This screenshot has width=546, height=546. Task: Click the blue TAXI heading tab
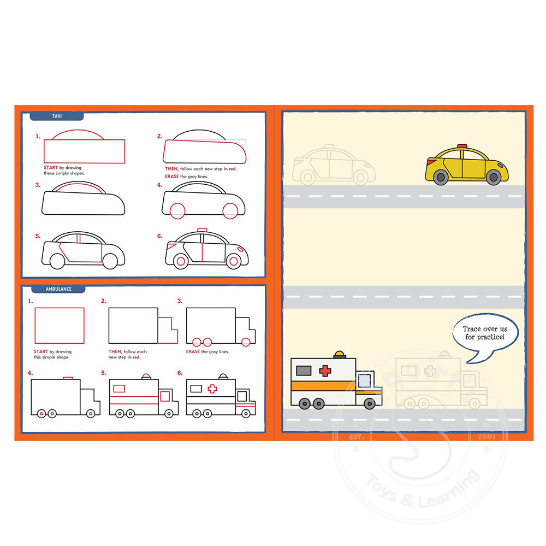[x=57, y=116]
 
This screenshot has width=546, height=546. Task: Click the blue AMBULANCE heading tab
[x=58, y=289]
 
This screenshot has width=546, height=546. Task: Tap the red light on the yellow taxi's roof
[x=462, y=146]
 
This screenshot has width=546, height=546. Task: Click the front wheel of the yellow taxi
[x=494, y=177]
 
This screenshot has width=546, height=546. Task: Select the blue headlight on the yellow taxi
[x=501, y=165]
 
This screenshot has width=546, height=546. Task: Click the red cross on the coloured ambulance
[x=325, y=371]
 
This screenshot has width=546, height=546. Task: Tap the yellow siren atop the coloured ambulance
[x=340, y=355]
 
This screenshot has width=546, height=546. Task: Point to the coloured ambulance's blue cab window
[x=364, y=380]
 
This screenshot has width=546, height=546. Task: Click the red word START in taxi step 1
[x=50, y=168]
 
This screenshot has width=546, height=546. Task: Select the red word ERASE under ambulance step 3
[x=193, y=351]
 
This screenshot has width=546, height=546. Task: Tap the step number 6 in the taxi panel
[x=159, y=237]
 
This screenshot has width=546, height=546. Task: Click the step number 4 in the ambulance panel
[x=30, y=373]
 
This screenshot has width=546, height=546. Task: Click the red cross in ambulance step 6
[x=212, y=389]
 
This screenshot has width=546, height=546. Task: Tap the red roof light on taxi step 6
[x=202, y=230]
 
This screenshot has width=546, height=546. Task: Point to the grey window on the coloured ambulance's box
[x=304, y=371]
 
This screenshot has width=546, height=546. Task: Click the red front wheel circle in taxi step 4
[x=230, y=211]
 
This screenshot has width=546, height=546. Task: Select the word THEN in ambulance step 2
[x=115, y=351]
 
